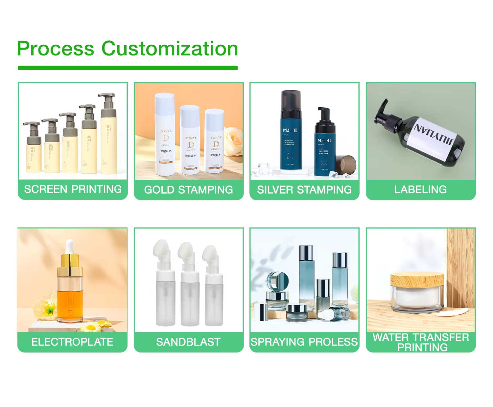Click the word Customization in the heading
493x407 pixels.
[x=170, y=49]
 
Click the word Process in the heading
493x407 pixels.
[x=56, y=49]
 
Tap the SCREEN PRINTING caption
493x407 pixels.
[x=73, y=189]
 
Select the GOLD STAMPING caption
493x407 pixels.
[x=189, y=190]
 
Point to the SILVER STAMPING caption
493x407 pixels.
[x=304, y=190]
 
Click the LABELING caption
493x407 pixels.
[x=420, y=190]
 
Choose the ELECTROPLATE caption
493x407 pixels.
[x=72, y=342]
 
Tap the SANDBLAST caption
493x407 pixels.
[x=188, y=342]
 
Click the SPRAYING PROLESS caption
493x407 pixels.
[x=304, y=342]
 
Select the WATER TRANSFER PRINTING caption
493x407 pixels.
[x=421, y=342]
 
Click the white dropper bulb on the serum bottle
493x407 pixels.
[x=69, y=246]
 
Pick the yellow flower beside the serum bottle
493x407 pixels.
[x=48, y=309]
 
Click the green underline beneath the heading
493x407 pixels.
[x=128, y=68]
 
